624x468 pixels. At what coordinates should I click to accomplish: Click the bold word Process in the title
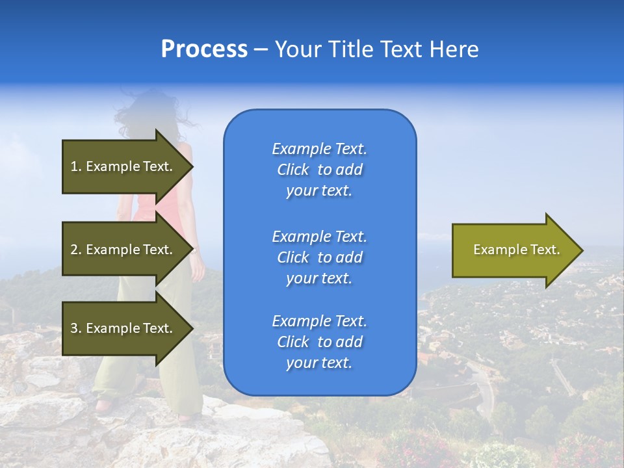(204, 49)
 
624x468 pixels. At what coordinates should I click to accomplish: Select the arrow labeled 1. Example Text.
(123, 166)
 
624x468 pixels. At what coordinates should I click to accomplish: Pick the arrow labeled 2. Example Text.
(123, 250)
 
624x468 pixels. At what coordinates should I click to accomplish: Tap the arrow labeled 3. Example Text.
(123, 328)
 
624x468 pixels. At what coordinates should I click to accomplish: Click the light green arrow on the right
(513, 250)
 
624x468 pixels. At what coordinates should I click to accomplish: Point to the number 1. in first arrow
(76, 166)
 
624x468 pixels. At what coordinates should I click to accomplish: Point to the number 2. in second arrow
(76, 250)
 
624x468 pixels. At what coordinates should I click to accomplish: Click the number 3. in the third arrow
(76, 328)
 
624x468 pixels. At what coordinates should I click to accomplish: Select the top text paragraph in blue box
(319, 170)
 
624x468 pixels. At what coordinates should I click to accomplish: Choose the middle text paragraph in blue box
(319, 257)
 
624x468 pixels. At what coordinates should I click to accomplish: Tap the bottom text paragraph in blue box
(319, 342)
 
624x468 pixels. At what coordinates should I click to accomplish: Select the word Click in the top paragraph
(293, 170)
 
